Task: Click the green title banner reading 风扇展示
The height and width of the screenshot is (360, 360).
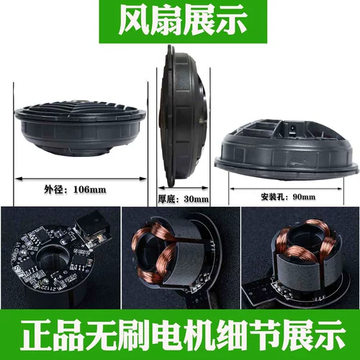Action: point(183,22)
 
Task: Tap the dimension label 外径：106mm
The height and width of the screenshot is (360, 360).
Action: point(75,189)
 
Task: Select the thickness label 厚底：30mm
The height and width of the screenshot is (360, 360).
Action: point(184,199)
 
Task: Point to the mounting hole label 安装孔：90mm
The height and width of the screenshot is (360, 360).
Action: point(288,197)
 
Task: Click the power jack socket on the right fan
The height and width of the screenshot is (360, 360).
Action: point(293,130)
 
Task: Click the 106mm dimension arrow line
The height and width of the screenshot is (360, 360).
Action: point(81,179)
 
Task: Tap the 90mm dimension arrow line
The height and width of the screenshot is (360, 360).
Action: point(286,189)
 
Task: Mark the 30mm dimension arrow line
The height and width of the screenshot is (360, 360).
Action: point(184,188)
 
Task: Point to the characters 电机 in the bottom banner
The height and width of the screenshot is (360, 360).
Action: point(184,335)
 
